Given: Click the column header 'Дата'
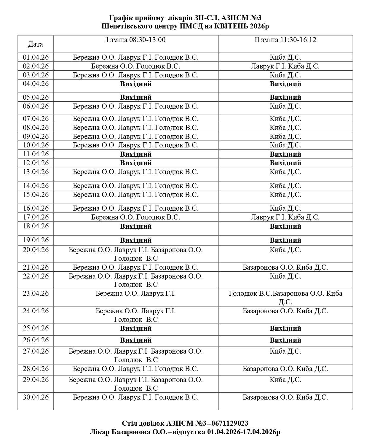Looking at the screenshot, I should coord(36,44).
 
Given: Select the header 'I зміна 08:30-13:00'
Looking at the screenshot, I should coord(136,40).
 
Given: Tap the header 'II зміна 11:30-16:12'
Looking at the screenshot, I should coord(285,40).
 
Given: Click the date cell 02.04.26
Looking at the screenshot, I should coord(36,66).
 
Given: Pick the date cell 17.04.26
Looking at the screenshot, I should coord(36,217).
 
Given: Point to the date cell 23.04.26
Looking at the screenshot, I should coord(36,293).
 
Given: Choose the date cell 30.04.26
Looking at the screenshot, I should coord(36,397).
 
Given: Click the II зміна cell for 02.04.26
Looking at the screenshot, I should coord(285,66).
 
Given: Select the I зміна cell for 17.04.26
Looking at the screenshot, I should coord(136,217).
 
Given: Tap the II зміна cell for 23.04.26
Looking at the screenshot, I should coord(285,298).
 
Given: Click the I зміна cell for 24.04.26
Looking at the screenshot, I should coord(136,315).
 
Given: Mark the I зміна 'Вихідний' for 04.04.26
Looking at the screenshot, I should coord(136,84).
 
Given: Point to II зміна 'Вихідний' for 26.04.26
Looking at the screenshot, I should coord(285,340).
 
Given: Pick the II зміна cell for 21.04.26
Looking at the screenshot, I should coord(285,267).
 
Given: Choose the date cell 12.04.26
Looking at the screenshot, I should coord(36,163).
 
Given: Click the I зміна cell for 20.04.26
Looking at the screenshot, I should coord(136,254).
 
